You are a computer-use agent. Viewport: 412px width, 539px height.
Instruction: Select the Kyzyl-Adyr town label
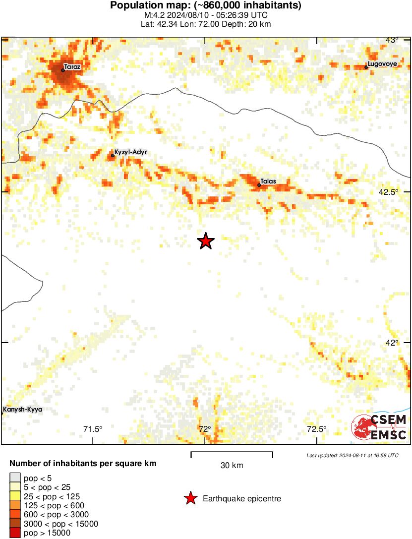click(131, 152)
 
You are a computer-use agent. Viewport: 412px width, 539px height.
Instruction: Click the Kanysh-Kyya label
click(23, 410)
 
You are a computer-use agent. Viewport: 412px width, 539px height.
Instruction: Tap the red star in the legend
click(190, 499)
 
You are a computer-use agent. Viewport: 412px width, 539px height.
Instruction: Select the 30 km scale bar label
click(232, 465)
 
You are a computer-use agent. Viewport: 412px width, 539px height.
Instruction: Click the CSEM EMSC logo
click(379, 427)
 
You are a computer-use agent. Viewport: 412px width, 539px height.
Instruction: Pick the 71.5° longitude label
click(93, 429)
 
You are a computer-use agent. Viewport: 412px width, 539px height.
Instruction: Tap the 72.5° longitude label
click(316, 429)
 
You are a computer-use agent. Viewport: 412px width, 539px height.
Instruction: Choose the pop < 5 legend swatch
click(15, 478)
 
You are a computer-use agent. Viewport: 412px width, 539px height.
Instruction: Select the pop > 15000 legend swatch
click(15, 533)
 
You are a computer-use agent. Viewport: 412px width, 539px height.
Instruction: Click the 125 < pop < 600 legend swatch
click(15, 505)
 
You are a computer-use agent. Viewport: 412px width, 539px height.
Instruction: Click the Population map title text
click(206, 6)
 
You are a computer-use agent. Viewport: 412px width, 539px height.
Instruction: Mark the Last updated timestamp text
click(352, 455)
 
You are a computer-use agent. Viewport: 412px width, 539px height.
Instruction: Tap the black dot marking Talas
click(259, 185)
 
